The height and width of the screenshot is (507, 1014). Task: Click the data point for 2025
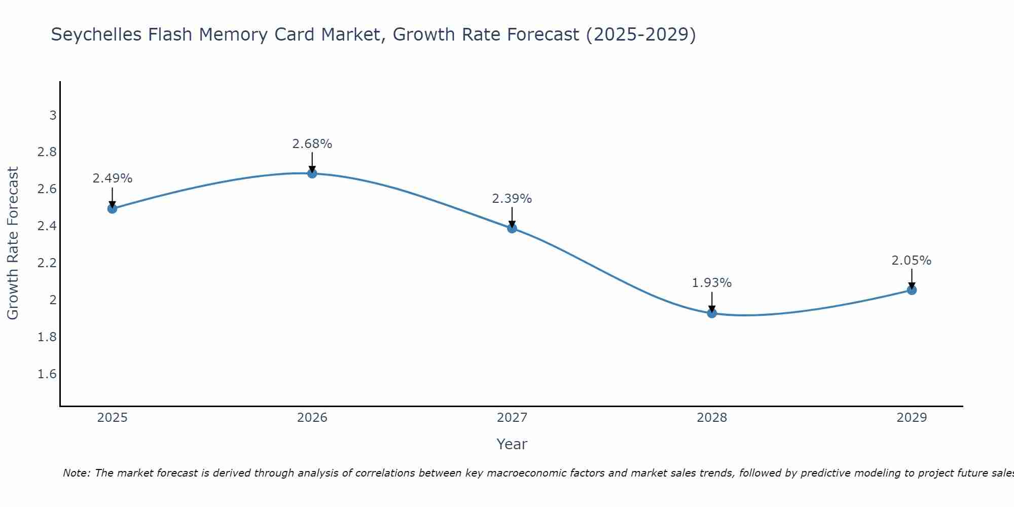(113, 208)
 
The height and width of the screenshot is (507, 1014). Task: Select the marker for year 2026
(312, 173)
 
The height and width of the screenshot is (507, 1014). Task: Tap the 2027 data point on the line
(512, 228)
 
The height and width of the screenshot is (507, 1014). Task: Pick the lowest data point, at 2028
(712, 313)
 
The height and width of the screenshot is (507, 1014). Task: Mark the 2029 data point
(912, 290)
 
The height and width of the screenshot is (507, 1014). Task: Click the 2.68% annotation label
(312, 144)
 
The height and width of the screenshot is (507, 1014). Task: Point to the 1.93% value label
(712, 283)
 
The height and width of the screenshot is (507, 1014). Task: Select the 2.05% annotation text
(912, 261)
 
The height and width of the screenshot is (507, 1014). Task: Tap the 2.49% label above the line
(113, 178)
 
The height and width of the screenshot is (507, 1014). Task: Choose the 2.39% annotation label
(512, 199)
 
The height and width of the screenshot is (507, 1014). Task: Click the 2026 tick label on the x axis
(312, 418)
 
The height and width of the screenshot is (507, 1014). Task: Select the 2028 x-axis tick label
(712, 418)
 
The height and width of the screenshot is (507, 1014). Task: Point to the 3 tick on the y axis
(53, 116)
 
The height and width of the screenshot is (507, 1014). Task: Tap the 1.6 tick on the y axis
(47, 374)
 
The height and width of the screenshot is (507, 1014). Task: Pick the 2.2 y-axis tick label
(47, 263)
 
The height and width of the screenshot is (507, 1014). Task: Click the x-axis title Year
(512, 444)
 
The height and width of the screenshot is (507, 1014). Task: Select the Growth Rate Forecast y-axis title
(13, 243)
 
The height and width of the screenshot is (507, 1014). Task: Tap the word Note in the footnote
(76, 473)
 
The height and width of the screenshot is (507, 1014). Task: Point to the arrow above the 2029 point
(912, 278)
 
